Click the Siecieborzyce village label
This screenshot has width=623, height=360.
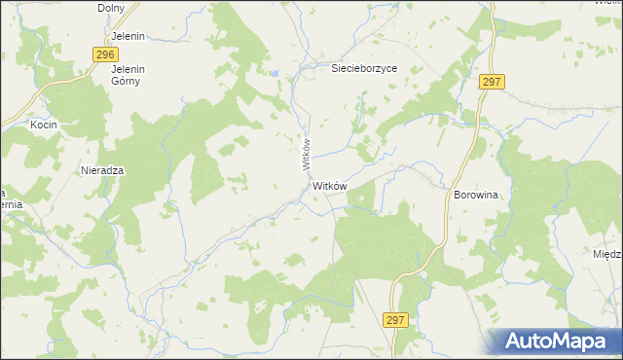365,69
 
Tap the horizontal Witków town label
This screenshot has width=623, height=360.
330,185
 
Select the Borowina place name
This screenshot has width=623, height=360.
475,195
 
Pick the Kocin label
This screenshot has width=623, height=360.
44,126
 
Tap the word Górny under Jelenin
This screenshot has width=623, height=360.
127,81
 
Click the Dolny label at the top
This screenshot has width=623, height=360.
113,8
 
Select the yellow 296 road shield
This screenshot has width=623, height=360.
107,55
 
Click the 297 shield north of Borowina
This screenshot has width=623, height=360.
491,83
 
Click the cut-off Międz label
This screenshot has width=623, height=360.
607,254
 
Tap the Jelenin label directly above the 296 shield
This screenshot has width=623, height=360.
128,36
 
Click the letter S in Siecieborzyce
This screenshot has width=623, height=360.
335,69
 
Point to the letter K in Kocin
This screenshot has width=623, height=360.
33,126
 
